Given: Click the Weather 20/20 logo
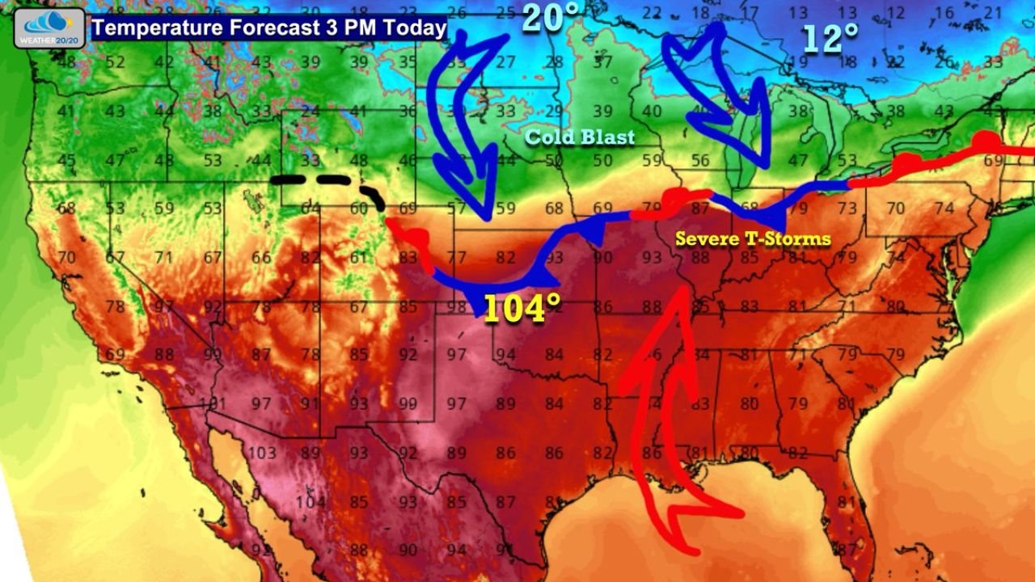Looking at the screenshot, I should click(49, 28).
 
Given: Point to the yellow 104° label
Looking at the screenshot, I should click(522, 309).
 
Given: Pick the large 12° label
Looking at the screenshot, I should click(830, 38).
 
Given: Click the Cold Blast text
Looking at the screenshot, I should click(580, 137).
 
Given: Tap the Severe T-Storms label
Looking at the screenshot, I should click(753, 238).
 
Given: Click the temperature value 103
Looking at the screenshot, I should click(262, 453).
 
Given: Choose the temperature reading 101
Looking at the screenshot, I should click(213, 403).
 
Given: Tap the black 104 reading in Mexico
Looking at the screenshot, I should click(310, 502).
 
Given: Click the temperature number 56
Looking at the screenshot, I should click(700, 161).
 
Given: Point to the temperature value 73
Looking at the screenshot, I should click(847, 209).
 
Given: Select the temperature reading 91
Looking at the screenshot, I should click(310, 403).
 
